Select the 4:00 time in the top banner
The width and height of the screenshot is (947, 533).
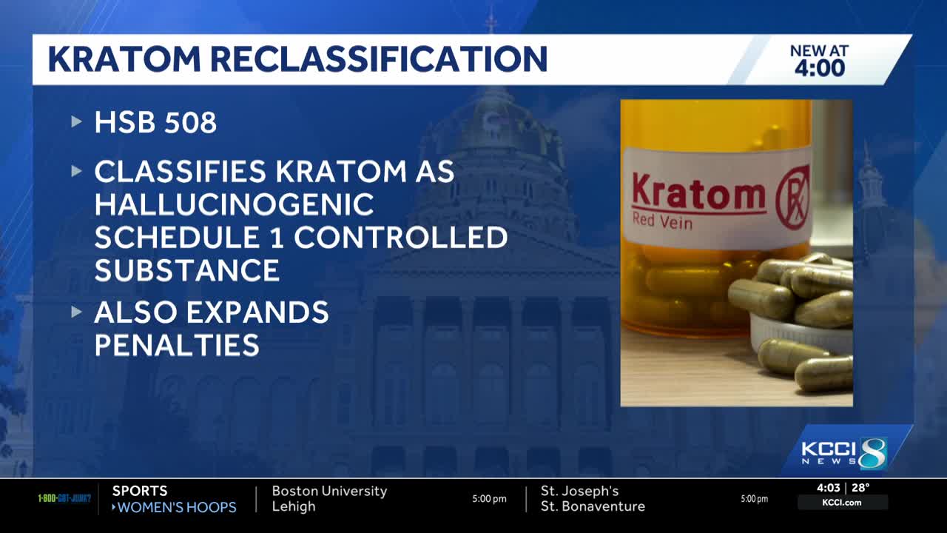click(819, 69)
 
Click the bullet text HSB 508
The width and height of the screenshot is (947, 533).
click(155, 123)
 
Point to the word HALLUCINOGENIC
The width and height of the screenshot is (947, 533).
click(234, 204)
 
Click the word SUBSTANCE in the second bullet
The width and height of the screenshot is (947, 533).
click(187, 270)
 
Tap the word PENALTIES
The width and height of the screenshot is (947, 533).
click(177, 345)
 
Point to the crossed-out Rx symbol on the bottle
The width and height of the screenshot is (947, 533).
click(792, 197)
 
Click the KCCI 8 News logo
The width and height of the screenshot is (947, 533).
click(843, 453)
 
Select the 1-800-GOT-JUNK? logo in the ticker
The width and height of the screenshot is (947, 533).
click(64, 498)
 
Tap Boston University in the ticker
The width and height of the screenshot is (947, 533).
click(329, 491)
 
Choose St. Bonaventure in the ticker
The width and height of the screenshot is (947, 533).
click(593, 506)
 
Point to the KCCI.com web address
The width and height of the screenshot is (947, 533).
click(842, 503)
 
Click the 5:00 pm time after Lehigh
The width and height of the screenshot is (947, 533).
click(489, 499)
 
